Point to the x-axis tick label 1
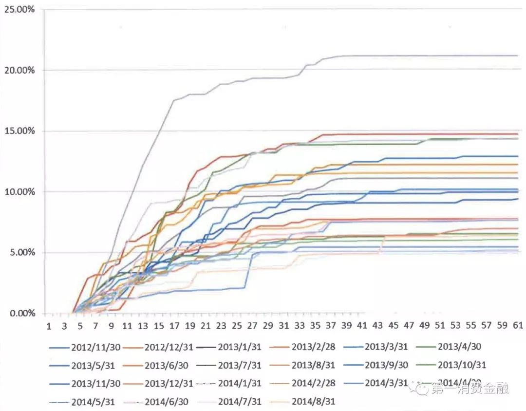click(48, 326)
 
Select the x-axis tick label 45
click(394, 326)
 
